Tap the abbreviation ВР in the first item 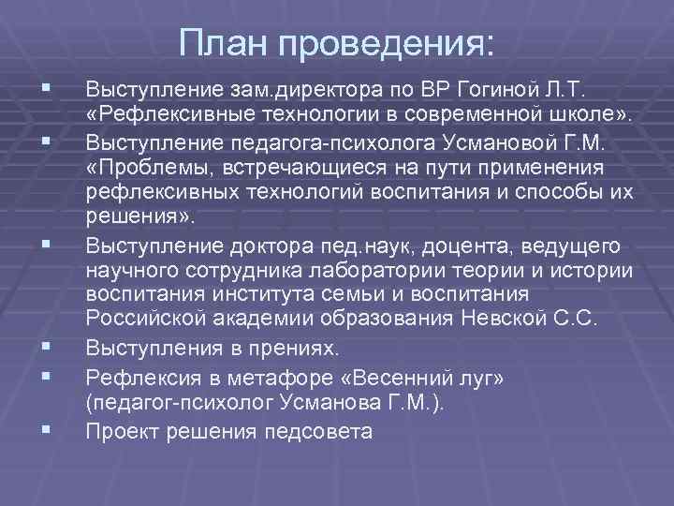click(x=434, y=91)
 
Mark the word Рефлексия click(x=135, y=378)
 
